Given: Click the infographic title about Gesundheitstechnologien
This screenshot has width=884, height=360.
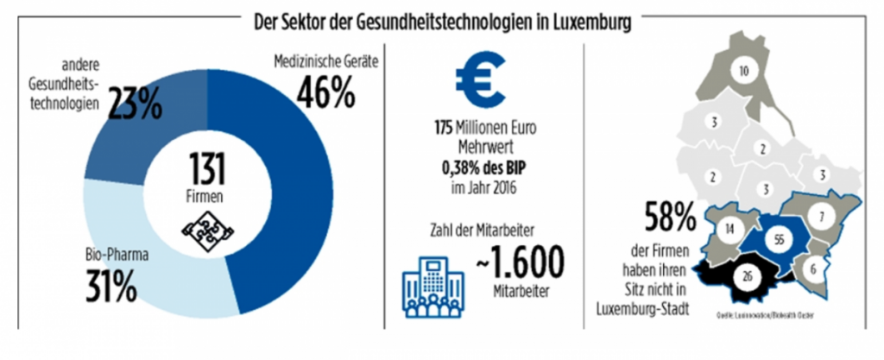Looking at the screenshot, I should pyautogui.click(x=441, y=22).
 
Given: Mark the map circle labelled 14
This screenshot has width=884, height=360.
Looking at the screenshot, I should pyautogui.click(x=730, y=230).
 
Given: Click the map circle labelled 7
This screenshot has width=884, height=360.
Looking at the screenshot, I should pyautogui.click(x=823, y=214).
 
